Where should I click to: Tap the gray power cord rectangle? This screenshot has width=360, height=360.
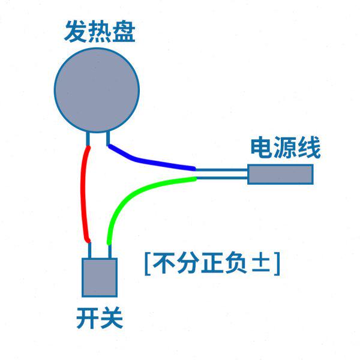281,174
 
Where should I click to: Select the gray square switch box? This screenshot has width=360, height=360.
99,277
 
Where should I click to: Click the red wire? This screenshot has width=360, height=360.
82,192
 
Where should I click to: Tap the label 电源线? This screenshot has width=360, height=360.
285,147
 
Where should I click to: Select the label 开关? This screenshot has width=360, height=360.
99,319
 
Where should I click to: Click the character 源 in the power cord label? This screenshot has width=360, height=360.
285,147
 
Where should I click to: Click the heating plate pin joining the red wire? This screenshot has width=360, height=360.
88,139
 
